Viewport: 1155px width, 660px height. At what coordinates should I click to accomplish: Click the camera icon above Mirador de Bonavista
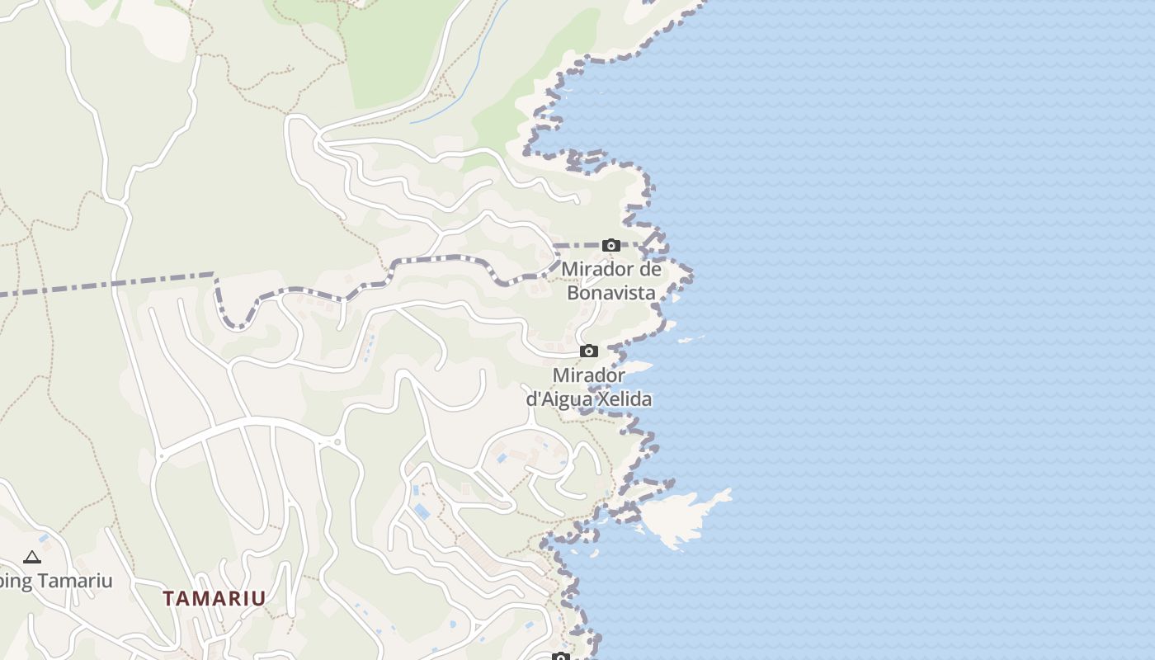point(610,245)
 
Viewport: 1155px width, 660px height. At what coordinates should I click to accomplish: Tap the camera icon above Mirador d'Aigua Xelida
point(588,351)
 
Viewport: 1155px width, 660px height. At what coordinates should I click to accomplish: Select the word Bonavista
point(611,293)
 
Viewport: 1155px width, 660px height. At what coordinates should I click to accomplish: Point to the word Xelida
point(622,399)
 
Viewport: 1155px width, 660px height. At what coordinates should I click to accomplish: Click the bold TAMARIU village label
point(214,598)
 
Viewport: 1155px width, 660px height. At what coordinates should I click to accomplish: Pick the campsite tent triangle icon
point(32,558)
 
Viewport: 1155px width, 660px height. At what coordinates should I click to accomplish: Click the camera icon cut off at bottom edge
point(561,657)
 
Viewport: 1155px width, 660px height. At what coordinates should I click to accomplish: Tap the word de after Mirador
point(650,270)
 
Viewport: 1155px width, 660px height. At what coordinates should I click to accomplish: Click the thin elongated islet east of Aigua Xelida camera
point(691,338)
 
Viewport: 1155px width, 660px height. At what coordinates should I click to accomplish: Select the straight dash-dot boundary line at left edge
point(107,285)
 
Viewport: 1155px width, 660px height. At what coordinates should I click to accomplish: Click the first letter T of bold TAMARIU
point(168,598)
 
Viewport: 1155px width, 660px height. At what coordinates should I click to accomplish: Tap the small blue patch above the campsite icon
point(43,538)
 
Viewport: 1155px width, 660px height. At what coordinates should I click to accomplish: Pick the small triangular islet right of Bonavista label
point(676,298)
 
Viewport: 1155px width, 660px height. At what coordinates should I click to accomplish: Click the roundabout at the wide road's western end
point(162,455)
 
